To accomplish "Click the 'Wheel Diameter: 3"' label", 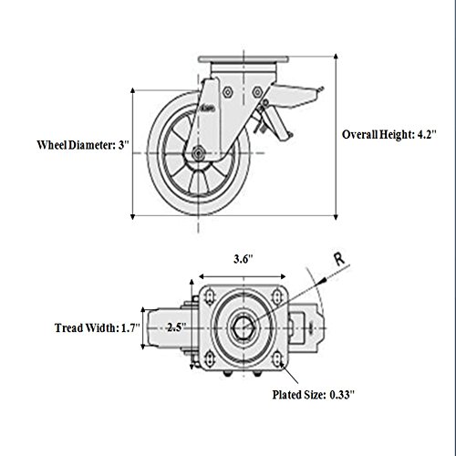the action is coord(83,145).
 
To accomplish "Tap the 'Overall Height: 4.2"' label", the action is coord(389,134).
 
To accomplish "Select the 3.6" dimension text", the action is coord(244,259).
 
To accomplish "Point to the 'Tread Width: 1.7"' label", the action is coord(98,328).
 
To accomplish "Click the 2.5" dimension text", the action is coord(176,327).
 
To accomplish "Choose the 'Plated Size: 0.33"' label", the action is coord(314,395).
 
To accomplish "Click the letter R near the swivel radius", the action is coord(339,259).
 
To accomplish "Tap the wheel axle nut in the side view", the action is coord(198,152).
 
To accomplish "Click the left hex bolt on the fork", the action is coord(227,92).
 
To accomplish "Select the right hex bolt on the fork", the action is coord(257,92).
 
